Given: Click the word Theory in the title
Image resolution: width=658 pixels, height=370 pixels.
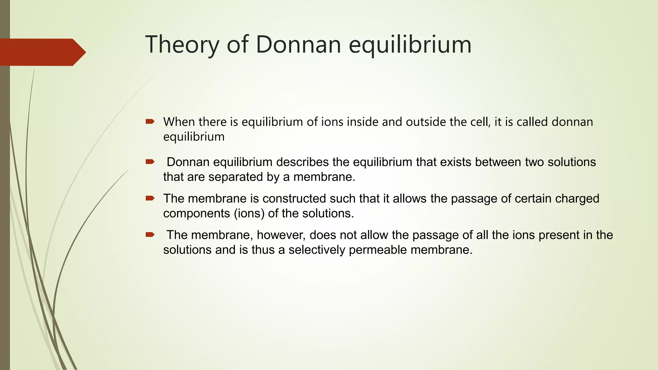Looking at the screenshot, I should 182,45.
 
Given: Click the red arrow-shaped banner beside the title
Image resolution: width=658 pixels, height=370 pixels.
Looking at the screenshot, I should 42,52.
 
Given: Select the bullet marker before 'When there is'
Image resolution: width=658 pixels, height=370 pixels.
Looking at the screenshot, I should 150,121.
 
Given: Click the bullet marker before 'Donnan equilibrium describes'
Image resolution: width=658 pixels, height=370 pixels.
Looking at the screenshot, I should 150,162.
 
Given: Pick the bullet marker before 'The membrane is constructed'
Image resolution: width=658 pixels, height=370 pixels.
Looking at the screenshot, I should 150,198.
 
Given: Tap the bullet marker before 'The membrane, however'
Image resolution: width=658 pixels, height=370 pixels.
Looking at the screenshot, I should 150,235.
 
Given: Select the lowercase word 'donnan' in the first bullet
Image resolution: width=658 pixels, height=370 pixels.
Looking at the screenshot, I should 572,122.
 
